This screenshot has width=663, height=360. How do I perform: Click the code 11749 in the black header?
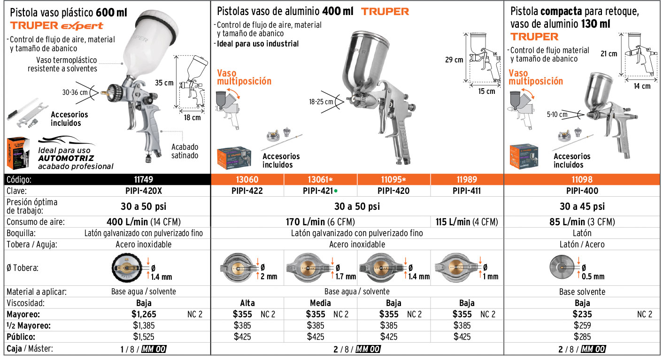pos(144,180)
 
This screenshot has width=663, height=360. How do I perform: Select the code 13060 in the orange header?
pos(247,180)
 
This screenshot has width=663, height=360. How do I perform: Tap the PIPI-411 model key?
pos(467,191)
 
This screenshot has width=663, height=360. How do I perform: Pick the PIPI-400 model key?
pos(582,191)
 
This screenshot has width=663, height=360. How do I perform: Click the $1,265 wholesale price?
pos(144,314)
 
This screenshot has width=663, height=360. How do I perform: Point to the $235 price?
pos(582,314)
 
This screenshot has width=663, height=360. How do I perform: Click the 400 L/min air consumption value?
pos(127,222)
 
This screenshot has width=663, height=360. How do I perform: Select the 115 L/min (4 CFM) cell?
pos(467,222)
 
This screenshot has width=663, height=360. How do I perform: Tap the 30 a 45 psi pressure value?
pos(582,206)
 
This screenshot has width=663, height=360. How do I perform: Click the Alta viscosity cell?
pos(247,303)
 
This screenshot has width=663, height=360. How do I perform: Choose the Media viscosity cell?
pos(320,303)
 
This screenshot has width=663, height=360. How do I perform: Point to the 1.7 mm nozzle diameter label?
pos(346,276)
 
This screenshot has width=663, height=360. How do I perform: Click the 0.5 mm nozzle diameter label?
pos(593,276)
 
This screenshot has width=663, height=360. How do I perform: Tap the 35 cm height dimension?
pos(164,83)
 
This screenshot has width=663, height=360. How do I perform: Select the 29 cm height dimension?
pos(454,60)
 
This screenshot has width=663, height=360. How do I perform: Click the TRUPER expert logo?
pos(57,26)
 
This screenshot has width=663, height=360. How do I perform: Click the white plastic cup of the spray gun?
pos(151,43)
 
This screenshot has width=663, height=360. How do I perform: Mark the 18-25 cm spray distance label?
pos(321,102)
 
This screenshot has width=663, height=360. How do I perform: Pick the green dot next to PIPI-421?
pos(336,191)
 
